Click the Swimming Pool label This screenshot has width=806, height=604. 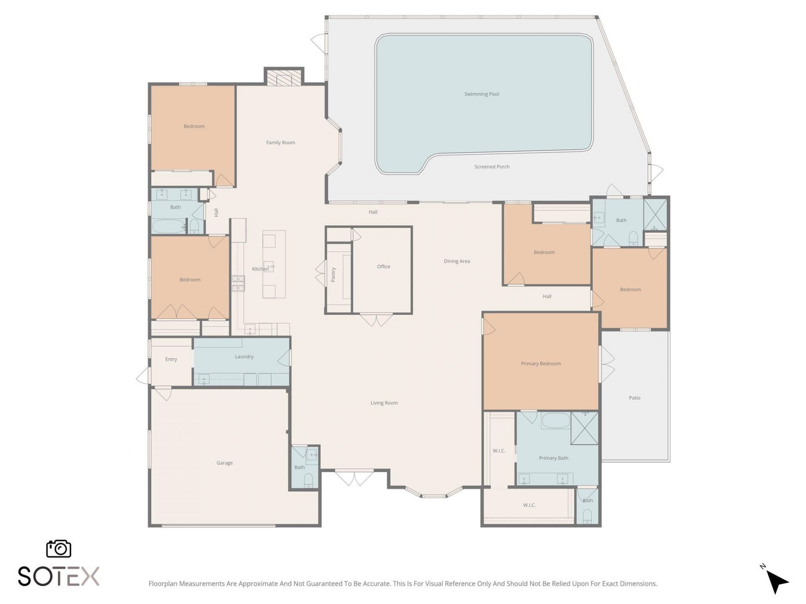click(x=482, y=94)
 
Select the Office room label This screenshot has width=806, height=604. click(x=383, y=266)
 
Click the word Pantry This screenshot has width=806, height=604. click(x=333, y=275)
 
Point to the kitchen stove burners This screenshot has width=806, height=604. click(x=238, y=284)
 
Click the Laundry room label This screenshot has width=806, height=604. click(x=244, y=357)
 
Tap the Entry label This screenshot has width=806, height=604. click(x=171, y=359)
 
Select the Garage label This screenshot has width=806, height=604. click(x=224, y=463)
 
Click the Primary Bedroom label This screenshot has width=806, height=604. click(x=541, y=364)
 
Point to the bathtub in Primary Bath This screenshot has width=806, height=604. click(x=555, y=420)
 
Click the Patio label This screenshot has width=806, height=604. click(x=634, y=398)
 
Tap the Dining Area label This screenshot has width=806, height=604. click(x=457, y=261)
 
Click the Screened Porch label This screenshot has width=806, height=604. click(x=492, y=167)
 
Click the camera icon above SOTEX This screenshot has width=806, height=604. click(x=58, y=549)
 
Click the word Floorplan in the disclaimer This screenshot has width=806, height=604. click(x=163, y=583)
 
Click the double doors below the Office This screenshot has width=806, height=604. click(x=376, y=320)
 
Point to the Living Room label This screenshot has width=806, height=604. click(x=384, y=403)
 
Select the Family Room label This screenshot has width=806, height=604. click(x=280, y=143)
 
